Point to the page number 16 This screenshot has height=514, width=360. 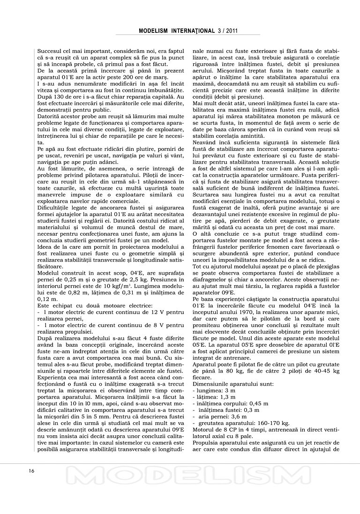click(x=31, y=471)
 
